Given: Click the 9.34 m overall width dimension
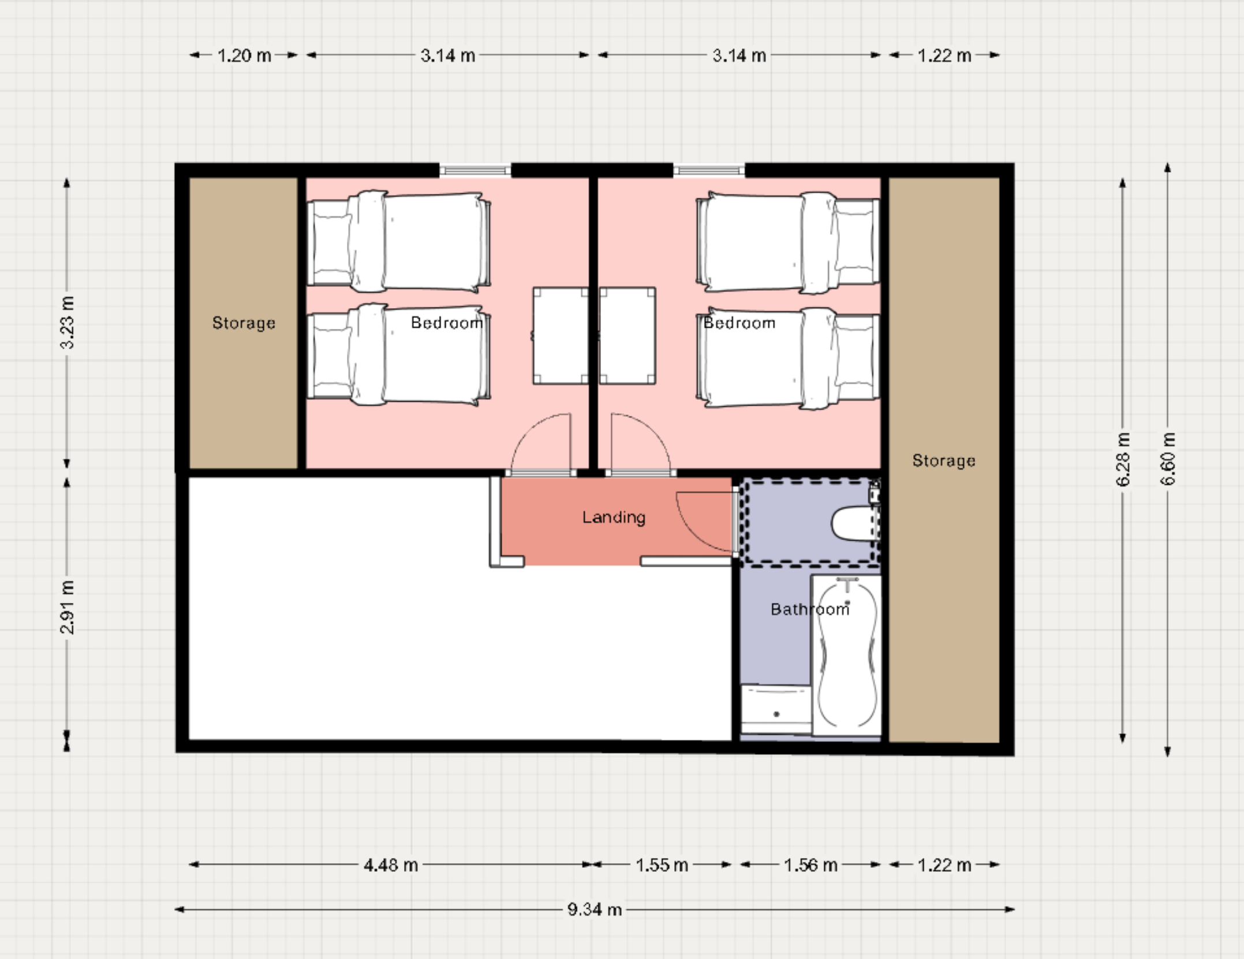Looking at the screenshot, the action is (595, 909).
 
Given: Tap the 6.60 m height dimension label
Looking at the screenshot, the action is (1167, 459).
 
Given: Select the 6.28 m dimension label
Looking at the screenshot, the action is (1123, 459).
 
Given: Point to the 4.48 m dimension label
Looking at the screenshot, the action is (391, 865).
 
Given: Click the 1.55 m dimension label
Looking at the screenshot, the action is (662, 865).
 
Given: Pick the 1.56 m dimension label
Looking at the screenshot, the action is (810, 865).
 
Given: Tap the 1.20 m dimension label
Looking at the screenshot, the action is (244, 55).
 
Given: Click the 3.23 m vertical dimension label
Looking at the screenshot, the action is (67, 323).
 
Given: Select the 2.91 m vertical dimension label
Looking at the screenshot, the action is (67, 607).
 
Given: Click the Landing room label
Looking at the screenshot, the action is (614, 517).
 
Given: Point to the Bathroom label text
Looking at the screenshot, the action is (810, 609).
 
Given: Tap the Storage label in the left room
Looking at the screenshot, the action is (244, 323).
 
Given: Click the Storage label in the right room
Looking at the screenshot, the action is (944, 460).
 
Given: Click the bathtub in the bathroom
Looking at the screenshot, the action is (846, 655).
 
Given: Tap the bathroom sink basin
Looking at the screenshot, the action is (776, 709).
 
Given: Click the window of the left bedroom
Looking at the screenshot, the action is (475, 170).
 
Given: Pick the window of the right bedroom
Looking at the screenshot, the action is (709, 170).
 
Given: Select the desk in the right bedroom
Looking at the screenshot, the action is (627, 335).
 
